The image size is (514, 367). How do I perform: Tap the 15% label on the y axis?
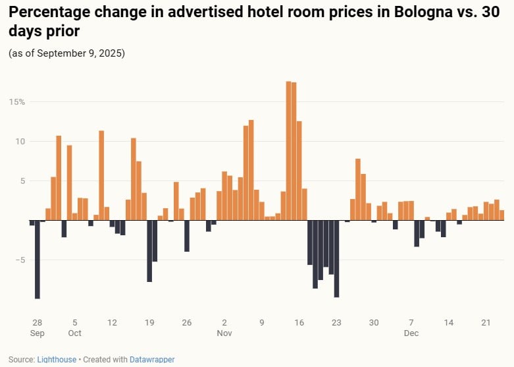point(17,102)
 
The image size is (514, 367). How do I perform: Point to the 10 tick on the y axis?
point(20,142)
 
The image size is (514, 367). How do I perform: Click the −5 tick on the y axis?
point(20,260)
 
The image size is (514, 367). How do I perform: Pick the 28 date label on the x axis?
point(37,323)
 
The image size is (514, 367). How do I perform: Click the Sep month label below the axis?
point(37,333)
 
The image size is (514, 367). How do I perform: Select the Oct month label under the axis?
point(74,333)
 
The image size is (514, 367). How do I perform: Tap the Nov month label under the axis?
point(224,333)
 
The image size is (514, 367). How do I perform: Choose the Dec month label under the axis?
point(411,333)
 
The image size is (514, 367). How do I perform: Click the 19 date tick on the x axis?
point(149,323)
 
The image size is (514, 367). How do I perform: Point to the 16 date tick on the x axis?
point(299,323)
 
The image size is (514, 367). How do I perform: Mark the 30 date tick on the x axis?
point(374,323)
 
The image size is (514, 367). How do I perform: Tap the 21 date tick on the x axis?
point(486,323)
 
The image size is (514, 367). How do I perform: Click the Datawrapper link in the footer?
point(152,360)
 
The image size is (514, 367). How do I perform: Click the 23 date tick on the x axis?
point(336,323)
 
